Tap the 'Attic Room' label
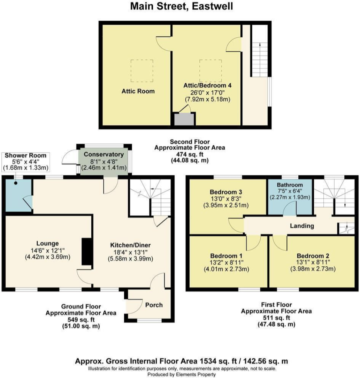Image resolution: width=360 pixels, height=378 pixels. pos(137,91)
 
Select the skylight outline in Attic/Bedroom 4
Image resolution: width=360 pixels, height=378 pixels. pos(210,70)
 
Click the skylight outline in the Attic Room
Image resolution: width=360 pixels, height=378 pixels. pos(142,71)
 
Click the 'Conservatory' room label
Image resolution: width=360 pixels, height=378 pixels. pos(104,154)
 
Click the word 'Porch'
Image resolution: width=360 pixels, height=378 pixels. pos(154,304)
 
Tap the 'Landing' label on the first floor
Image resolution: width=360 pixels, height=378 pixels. pos(302,226)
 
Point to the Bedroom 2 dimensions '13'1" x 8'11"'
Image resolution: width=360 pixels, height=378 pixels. pos(312,262)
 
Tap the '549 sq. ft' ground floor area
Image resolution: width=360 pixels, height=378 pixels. pos(81,320)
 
